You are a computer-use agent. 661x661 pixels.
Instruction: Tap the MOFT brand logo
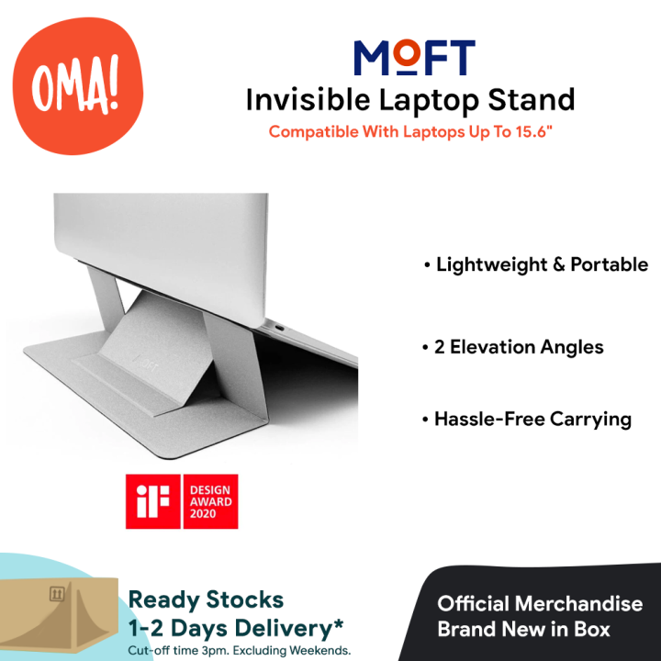point(415,59)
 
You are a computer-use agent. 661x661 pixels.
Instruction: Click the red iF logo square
point(153,501)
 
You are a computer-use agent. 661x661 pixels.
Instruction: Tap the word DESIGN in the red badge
point(211,489)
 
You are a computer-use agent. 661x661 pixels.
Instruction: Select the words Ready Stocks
point(206,599)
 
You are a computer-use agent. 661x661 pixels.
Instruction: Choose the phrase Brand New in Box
point(523,630)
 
